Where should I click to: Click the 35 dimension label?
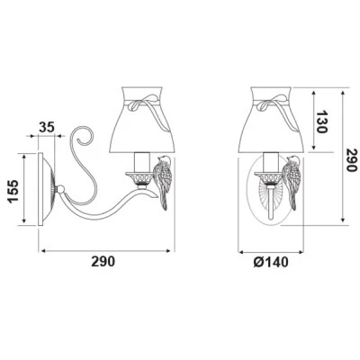(x=47, y=127)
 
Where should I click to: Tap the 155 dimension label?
(x=13, y=192)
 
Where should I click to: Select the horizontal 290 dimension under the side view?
(x=103, y=262)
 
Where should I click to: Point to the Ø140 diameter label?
(x=271, y=262)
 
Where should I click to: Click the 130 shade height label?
(x=322, y=121)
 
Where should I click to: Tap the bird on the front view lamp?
(x=292, y=182)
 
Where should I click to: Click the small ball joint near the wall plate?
(x=60, y=189)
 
